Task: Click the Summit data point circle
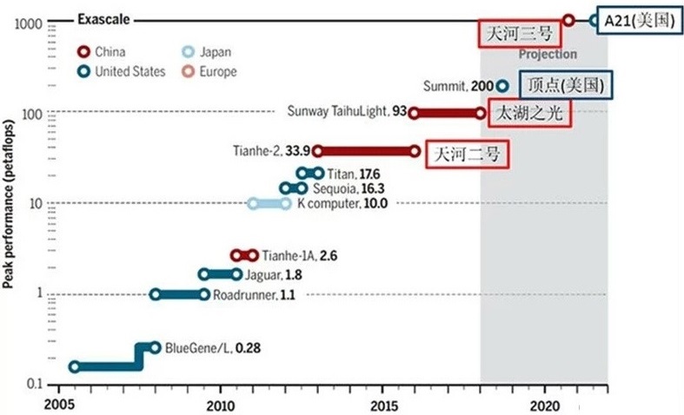(501, 86)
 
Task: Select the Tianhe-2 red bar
(366, 151)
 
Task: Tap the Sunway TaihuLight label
(346, 111)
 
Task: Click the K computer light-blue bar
(269, 203)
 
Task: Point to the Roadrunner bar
(181, 294)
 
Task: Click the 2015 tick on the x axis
(383, 405)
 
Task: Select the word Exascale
(104, 18)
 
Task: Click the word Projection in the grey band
(548, 54)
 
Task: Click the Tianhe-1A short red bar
(244, 255)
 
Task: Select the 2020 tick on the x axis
(545, 405)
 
